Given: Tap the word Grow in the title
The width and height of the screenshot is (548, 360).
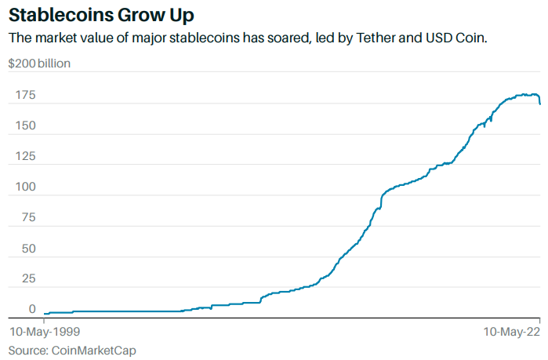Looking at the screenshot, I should pyautogui.click(x=146, y=15).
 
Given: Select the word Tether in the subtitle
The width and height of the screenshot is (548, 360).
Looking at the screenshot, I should pyautogui.click(x=364, y=38).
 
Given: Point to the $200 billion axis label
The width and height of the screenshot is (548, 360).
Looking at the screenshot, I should pyautogui.click(x=39, y=64).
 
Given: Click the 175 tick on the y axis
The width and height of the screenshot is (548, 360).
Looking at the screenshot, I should pyautogui.click(x=25, y=95).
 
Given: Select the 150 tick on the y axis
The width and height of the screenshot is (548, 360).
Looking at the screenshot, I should pyautogui.click(x=25, y=125).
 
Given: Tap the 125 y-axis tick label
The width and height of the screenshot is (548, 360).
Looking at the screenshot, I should pyautogui.click(x=25, y=156).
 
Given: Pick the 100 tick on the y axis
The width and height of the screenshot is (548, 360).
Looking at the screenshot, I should pyautogui.click(x=25, y=187).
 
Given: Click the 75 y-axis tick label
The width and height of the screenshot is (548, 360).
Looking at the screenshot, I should pyautogui.click(x=28, y=217).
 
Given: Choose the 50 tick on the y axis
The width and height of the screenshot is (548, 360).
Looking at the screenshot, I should pyautogui.click(x=28, y=248).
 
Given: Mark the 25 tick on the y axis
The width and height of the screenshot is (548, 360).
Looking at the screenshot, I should pyautogui.click(x=28, y=278).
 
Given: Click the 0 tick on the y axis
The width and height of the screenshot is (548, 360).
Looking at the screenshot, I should pyautogui.click(x=32, y=309).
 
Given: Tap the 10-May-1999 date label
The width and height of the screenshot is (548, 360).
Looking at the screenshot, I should pyautogui.click(x=43, y=332).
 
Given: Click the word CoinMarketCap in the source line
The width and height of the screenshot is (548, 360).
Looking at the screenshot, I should pyautogui.click(x=88, y=350).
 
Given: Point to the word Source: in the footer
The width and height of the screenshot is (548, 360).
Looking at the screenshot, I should pyautogui.click(x=27, y=350).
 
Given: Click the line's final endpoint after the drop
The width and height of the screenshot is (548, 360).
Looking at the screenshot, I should pyautogui.click(x=539, y=104).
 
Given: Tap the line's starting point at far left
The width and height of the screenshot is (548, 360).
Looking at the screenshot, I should pyautogui.click(x=45, y=314).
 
